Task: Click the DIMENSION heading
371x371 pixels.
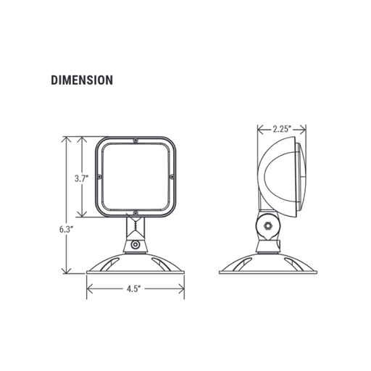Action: pos(82,80)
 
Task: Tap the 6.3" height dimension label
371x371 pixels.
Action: pos(66,229)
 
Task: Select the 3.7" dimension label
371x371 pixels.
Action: pos(81,179)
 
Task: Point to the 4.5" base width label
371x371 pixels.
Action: pos(134,288)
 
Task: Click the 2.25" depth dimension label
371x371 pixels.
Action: pos(282,129)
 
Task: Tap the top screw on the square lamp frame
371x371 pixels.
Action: pos(136,141)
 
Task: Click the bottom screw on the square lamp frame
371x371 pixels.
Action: pos(136,213)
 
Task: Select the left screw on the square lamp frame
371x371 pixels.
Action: pos(99,177)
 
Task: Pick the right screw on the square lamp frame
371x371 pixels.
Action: pos(172,177)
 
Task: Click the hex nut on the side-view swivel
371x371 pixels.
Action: pos(268,226)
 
